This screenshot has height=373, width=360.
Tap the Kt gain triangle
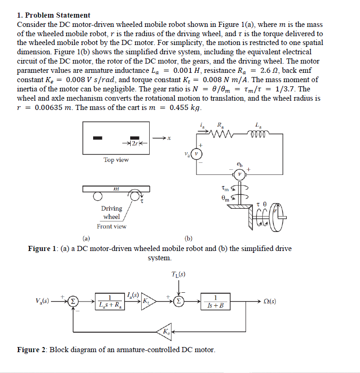148,302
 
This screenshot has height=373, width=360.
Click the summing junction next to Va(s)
73,302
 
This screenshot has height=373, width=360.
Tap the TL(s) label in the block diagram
178,273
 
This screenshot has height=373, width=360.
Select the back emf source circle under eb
240,174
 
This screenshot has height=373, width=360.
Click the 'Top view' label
116,160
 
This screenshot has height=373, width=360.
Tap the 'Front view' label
111,226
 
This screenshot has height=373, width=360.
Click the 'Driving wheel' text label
111,213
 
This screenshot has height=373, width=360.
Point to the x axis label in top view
170,137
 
